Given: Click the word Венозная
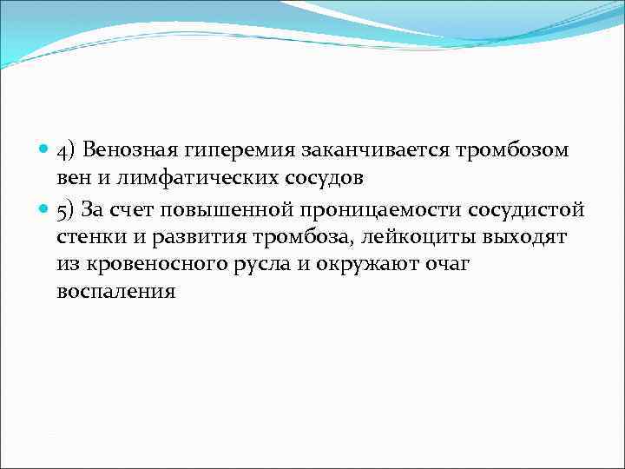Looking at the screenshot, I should click(129, 150).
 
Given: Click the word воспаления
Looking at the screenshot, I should click(116, 293).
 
